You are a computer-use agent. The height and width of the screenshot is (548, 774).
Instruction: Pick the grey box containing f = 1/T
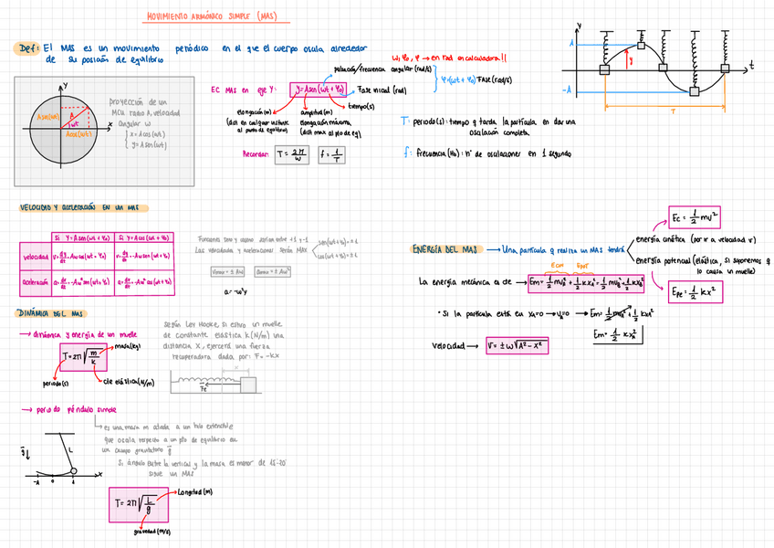[333, 154]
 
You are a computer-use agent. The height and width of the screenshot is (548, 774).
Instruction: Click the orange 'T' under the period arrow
[673, 111]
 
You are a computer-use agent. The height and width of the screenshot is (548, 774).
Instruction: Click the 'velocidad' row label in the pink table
[36, 257]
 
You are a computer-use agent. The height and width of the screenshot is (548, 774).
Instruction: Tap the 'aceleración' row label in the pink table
[36, 282]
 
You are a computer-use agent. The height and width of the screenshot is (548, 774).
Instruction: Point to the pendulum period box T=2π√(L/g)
[134, 501]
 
